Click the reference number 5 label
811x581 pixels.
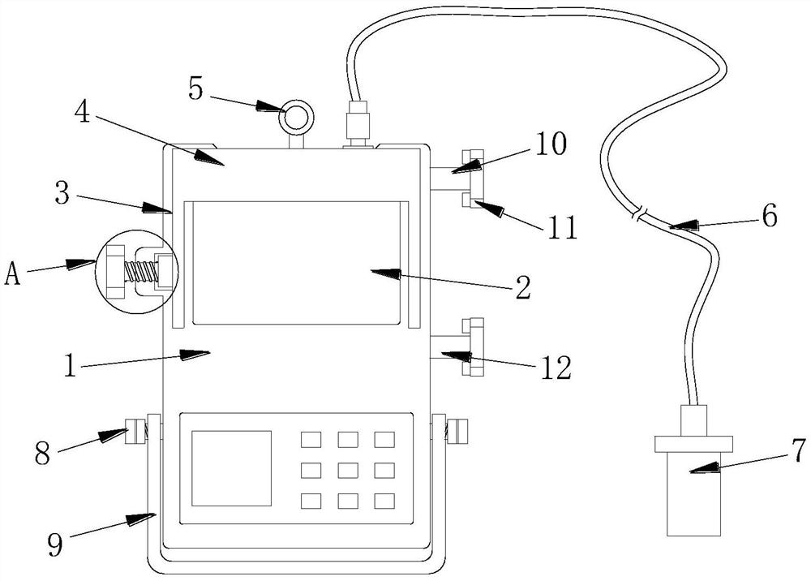(196, 89)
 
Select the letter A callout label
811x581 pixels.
(12, 273)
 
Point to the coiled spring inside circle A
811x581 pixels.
(140, 271)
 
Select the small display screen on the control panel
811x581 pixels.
(232, 468)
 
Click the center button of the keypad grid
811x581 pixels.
(348, 471)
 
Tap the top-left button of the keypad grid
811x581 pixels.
(311, 440)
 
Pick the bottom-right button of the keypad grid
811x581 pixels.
(384, 501)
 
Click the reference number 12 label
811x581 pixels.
(556, 368)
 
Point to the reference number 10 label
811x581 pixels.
(551, 144)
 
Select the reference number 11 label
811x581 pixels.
(563, 228)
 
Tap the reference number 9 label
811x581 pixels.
(56, 544)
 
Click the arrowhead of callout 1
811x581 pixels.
(195, 355)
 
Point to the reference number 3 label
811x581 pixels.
(62, 193)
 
